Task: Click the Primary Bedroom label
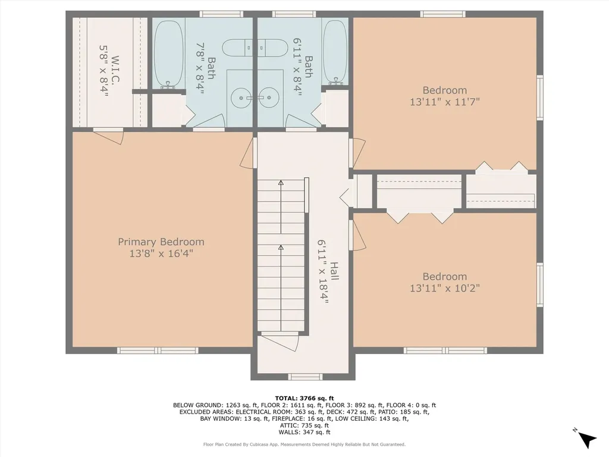point(161,242)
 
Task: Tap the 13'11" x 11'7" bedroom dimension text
point(445,102)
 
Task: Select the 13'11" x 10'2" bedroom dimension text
point(445,288)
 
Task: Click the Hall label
point(334,271)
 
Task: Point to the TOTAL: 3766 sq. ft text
point(304,398)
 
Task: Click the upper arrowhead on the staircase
point(281,182)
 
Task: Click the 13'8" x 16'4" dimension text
point(161,253)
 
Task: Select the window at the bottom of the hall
point(305,377)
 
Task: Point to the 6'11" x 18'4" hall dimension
point(323,271)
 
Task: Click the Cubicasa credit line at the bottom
point(304,444)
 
